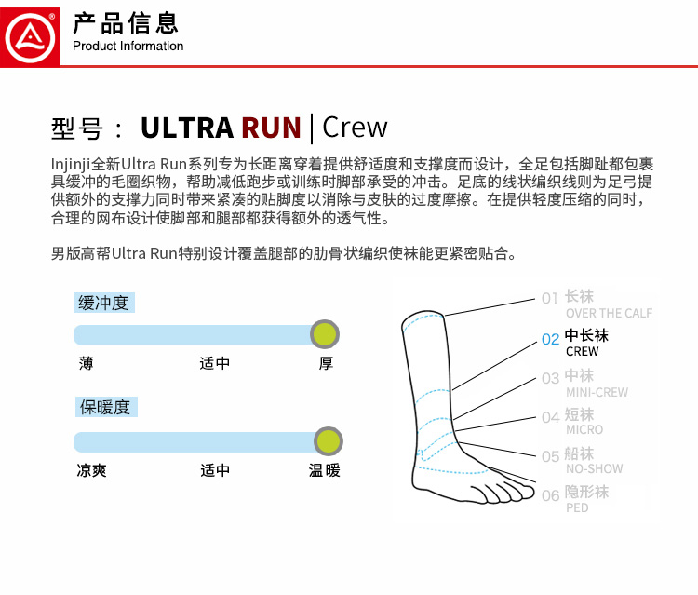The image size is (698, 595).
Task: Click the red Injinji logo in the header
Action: [31, 34]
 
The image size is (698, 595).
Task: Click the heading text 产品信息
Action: [126, 23]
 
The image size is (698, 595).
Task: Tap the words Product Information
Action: [128, 47]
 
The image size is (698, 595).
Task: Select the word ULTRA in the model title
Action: [186, 128]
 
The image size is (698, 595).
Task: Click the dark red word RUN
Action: [271, 128]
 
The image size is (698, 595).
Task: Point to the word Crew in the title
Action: [355, 128]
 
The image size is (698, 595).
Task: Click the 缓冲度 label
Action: [103, 303]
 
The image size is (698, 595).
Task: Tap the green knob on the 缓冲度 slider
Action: [325, 333]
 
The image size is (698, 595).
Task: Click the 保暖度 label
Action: [104, 407]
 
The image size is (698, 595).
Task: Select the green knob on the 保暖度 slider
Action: [328, 440]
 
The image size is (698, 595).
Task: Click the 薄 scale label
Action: [86, 363]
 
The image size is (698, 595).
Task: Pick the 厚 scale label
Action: [326, 363]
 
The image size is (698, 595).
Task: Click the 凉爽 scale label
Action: [91, 470]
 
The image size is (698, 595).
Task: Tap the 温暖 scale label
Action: [325, 470]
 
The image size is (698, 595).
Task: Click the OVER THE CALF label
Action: [609, 314]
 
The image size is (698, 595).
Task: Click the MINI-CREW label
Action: [597, 392]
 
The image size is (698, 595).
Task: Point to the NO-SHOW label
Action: [594, 468]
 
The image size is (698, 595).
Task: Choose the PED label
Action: [577, 507]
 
